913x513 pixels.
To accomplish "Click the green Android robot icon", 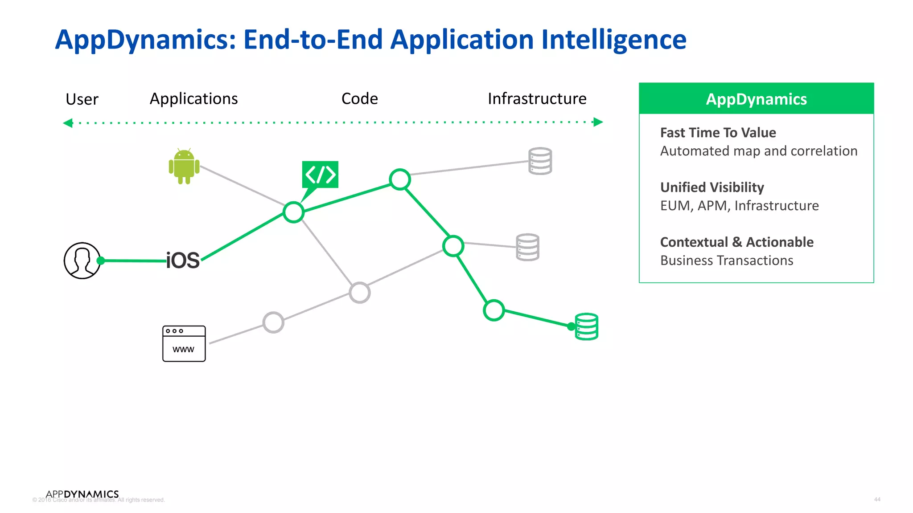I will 184,166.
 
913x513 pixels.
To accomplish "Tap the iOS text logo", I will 183,261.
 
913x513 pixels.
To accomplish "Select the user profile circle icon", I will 82,261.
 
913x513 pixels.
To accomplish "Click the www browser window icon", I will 184,344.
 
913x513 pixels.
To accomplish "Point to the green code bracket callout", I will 320,175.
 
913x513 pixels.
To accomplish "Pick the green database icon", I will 586,326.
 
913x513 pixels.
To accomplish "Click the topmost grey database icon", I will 540,161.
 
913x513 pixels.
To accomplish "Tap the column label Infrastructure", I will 537,99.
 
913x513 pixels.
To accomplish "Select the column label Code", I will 359,99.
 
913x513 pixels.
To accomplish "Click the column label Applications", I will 193,99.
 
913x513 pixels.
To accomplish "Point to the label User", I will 82,99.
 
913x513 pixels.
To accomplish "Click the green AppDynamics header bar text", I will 756,99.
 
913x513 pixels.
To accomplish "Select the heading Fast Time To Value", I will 718,133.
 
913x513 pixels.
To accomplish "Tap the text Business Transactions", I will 727,261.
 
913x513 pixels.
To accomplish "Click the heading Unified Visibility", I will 712,187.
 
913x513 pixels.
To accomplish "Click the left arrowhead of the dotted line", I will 68,123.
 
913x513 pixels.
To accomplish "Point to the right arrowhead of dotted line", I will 598,122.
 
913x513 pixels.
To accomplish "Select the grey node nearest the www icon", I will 273,322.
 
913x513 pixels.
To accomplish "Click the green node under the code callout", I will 293,212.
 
